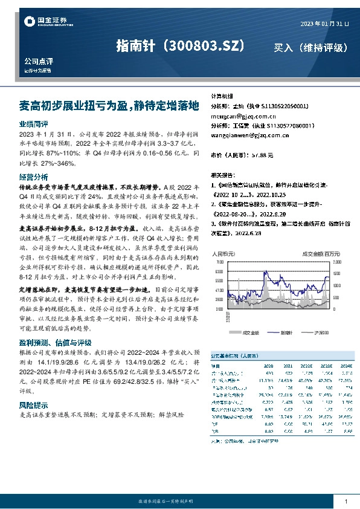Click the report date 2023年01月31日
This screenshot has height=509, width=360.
(x=324, y=23)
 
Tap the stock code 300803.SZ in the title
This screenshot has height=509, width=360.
(x=206, y=46)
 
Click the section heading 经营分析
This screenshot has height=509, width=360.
(x=34, y=177)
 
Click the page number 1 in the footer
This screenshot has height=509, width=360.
(x=346, y=501)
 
